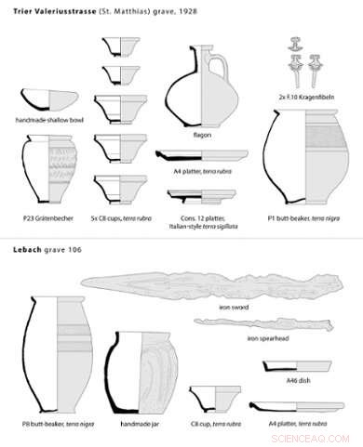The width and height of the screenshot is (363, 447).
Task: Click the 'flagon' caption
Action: coord(200,133)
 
